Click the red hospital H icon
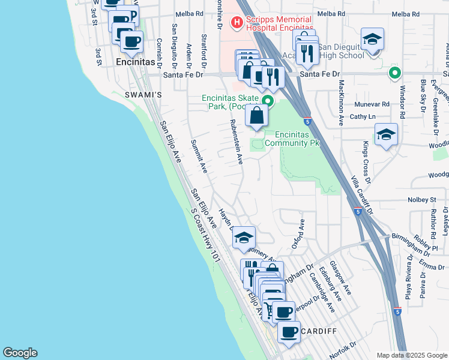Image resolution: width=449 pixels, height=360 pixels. (237, 23)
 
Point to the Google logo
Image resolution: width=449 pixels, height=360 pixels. (20, 353)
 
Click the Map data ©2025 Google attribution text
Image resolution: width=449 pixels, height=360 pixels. (412, 355)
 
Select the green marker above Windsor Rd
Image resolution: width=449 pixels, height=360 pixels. (394, 74)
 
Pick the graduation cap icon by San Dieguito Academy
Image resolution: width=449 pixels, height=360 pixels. (373, 40)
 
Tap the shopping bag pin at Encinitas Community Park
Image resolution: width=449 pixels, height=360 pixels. (256, 115)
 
